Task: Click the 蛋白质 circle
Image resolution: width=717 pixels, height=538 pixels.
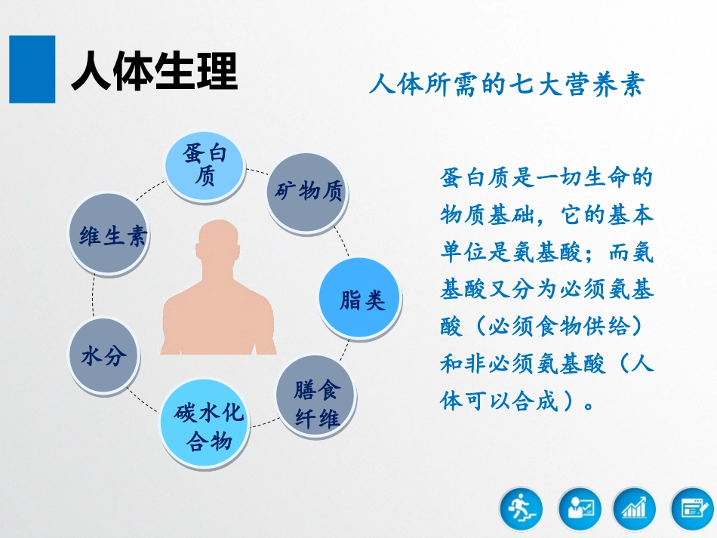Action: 205,166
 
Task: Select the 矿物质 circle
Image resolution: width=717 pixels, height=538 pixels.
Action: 307,192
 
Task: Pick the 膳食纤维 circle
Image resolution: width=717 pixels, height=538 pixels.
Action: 317,404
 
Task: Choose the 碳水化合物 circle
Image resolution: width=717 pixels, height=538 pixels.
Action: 205,426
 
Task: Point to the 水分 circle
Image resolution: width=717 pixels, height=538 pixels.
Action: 105,355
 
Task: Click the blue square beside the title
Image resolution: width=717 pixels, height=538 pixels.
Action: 32,69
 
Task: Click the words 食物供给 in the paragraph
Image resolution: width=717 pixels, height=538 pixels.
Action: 574,327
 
